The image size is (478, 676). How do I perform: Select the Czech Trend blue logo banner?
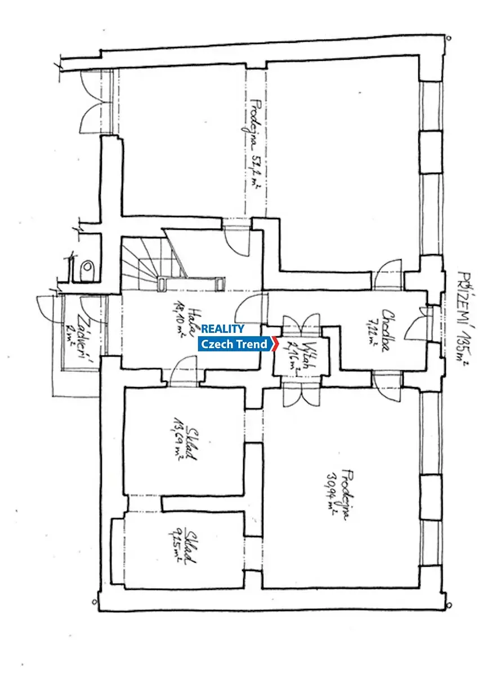coord(235,344)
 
